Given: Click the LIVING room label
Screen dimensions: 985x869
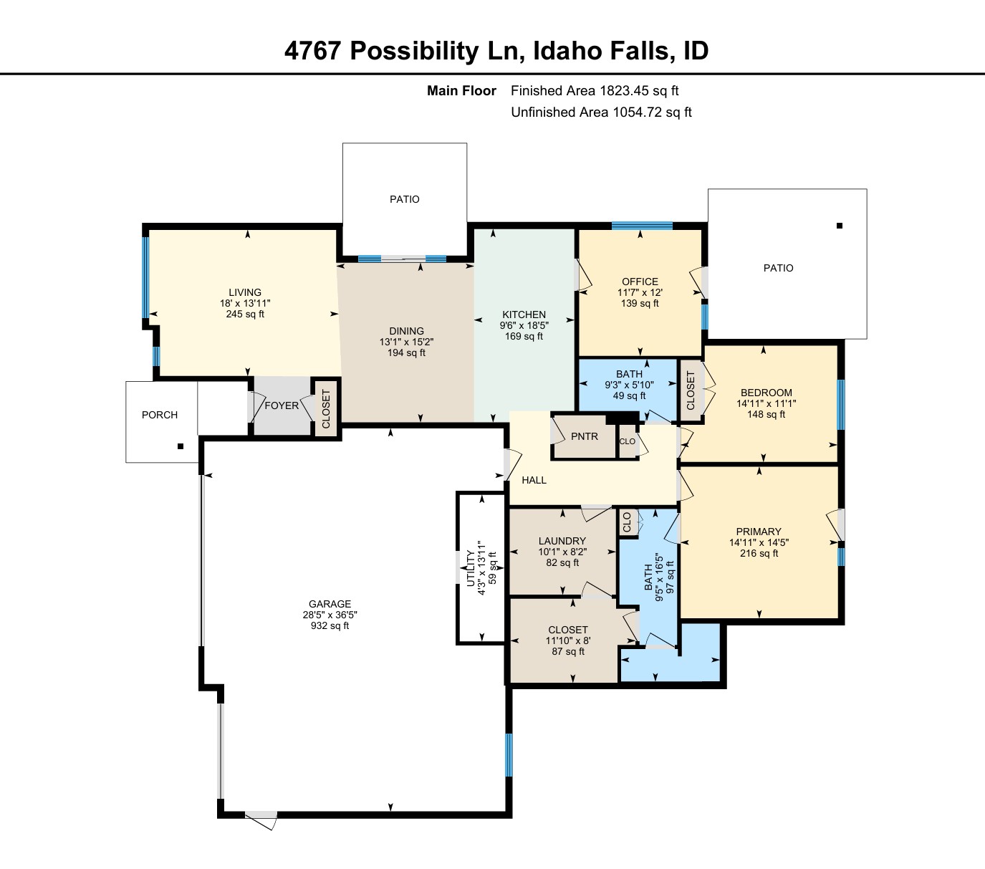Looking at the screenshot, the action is pyautogui.click(x=245, y=292).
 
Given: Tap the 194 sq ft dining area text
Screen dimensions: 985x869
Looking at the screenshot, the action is pyautogui.click(x=406, y=353).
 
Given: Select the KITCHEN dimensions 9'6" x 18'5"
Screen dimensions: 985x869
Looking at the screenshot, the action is pyautogui.click(x=524, y=325).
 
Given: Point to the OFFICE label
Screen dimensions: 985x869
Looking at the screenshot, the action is pyautogui.click(x=640, y=282).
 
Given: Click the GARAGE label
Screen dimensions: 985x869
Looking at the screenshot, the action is pyautogui.click(x=330, y=604).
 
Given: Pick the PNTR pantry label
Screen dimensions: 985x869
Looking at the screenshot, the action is pyautogui.click(x=585, y=436).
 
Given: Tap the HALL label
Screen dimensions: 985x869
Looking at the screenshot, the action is pyautogui.click(x=534, y=480).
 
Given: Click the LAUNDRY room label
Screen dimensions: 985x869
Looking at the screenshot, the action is pyautogui.click(x=562, y=541).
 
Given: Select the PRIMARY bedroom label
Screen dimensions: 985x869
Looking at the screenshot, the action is pyautogui.click(x=759, y=532).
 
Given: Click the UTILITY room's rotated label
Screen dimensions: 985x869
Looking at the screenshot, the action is pyautogui.click(x=471, y=569).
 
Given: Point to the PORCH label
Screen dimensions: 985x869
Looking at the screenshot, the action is pyautogui.click(x=160, y=415).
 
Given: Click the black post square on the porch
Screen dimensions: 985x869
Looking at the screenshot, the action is pyautogui.click(x=181, y=446).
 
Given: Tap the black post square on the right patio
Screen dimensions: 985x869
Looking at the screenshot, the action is pyautogui.click(x=839, y=226).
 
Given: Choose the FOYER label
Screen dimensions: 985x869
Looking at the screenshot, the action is pyautogui.click(x=282, y=405).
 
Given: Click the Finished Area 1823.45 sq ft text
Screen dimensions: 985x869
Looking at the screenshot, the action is pyautogui.click(x=595, y=91).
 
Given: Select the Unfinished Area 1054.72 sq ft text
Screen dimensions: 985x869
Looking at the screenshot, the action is pyautogui.click(x=602, y=112).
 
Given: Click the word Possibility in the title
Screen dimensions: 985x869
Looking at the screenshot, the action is pyautogui.click(x=415, y=51).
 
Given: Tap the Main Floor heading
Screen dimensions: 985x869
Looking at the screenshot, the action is pyautogui.click(x=461, y=91).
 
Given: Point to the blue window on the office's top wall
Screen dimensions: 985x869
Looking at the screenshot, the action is pyautogui.click(x=642, y=226).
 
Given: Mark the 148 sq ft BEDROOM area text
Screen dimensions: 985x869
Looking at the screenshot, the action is pyautogui.click(x=767, y=414).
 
